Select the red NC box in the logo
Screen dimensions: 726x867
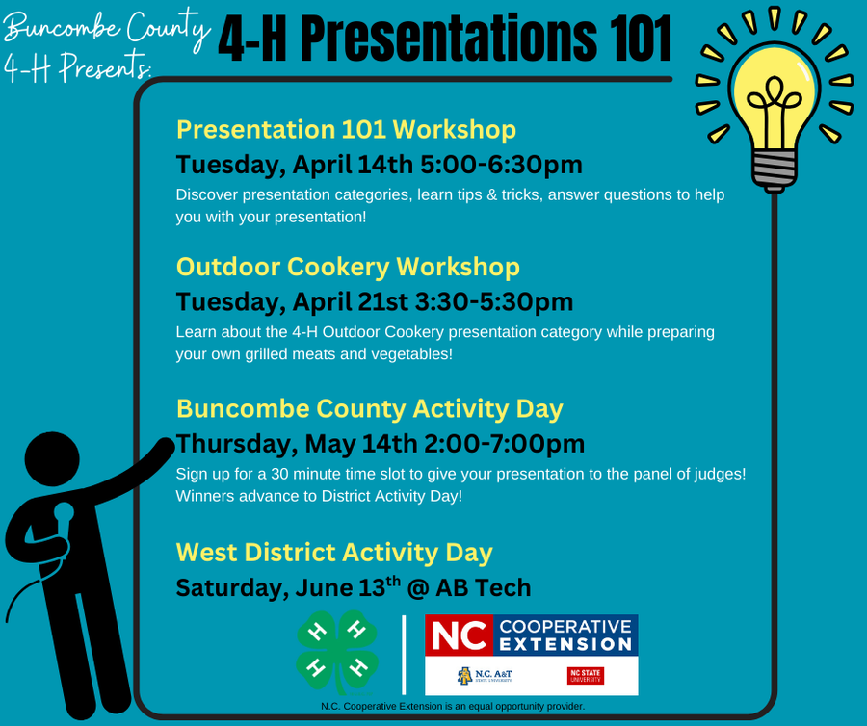pos(460,636)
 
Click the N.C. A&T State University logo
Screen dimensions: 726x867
pos(485,675)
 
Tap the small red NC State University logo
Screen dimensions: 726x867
pos(586,675)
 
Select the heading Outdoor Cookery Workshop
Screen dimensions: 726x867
pos(348,267)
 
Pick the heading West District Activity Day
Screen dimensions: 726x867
pos(334,553)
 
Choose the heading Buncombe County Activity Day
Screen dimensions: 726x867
pos(369,408)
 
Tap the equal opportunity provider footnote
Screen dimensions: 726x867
pos(453,707)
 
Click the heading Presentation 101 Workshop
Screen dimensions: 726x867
pos(346,129)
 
